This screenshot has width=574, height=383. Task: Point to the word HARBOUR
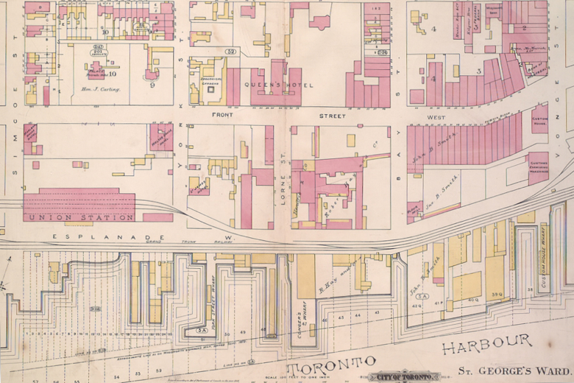tap(487, 341)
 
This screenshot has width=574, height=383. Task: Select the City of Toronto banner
tap(401, 376)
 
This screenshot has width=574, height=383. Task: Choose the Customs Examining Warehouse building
tap(538, 168)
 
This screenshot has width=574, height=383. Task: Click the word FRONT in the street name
tap(222, 116)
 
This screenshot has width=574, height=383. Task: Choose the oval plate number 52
tap(231, 52)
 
